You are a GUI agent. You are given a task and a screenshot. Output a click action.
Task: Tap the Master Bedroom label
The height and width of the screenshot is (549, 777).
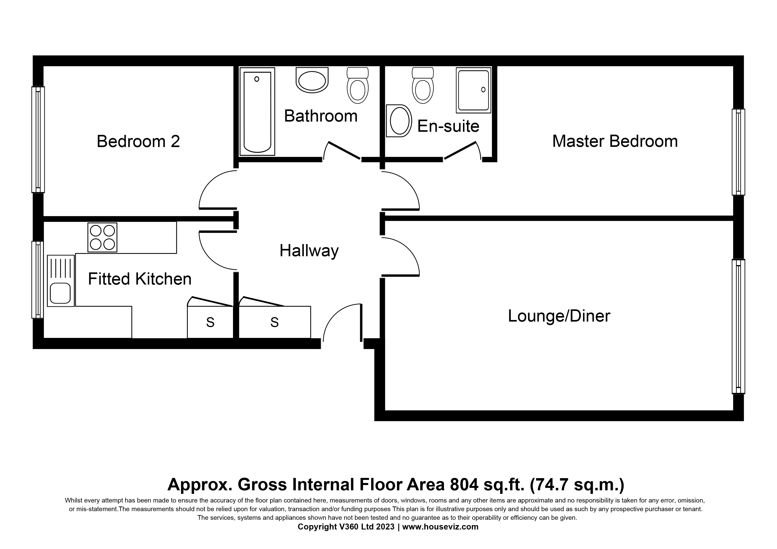click(615, 141)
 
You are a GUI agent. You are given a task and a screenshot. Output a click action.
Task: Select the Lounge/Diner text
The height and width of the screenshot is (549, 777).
click(559, 316)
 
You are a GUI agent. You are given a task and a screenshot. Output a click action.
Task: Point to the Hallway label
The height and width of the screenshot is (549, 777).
click(309, 251)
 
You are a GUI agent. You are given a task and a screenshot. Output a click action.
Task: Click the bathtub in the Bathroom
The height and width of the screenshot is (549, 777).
click(257, 112)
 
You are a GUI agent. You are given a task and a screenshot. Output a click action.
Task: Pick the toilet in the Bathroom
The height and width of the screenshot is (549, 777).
click(358, 85)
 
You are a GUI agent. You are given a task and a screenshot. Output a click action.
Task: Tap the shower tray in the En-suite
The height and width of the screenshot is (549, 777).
click(473, 90)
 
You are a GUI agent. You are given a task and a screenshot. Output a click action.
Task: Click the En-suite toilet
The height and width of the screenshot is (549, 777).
click(423, 85)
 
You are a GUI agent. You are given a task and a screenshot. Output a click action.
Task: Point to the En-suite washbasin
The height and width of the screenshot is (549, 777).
click(399, 121)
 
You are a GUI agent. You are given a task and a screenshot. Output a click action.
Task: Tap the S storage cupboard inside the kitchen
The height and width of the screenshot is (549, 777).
click(210, 322)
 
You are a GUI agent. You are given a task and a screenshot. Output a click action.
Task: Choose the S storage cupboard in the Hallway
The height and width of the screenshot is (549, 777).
click(274, 322)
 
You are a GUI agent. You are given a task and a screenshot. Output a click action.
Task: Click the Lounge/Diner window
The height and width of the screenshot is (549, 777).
click(738, 326)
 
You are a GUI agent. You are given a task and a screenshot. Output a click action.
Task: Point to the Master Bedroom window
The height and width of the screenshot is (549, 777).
click(738, 152)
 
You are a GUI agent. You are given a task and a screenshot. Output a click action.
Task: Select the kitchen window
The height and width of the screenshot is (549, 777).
click(38, 280)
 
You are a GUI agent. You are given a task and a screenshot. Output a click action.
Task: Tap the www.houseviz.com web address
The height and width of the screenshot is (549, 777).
click(440, 527)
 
